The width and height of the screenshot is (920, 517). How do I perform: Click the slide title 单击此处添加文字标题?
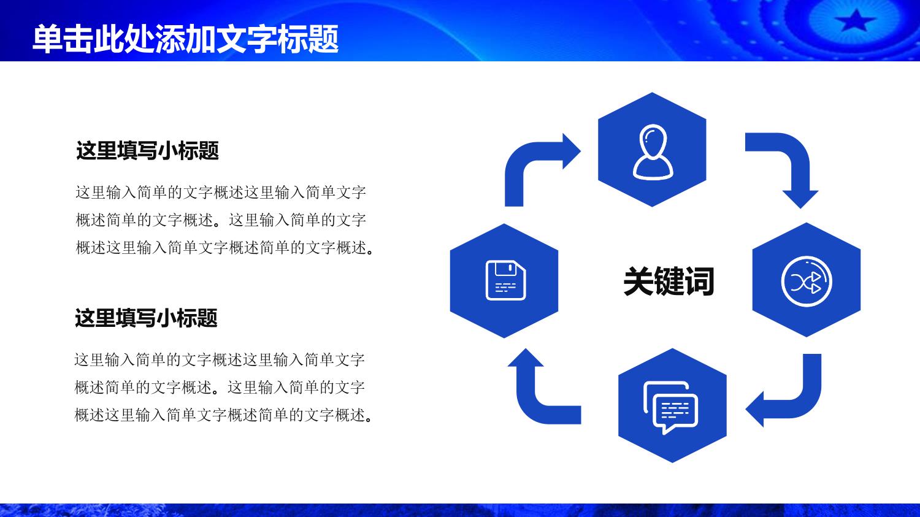tap(185, 39)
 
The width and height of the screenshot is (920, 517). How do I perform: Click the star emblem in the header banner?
tap(856, 20)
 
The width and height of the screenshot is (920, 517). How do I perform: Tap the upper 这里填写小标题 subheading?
tap(147, 150)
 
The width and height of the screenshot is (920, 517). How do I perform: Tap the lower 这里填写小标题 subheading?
tap(146, 318)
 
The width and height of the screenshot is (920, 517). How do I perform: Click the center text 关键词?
tap(669, 281)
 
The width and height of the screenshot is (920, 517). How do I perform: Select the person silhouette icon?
tap(653, 152)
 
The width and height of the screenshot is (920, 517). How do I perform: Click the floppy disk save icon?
tap(505, 280)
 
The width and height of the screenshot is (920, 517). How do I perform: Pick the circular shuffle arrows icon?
tap(807, 281)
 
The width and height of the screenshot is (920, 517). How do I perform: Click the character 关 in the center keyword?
tap(638, 281)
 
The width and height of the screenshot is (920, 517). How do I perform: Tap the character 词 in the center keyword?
tap(699, 281)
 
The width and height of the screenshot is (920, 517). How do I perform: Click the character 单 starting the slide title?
tap(47, 39)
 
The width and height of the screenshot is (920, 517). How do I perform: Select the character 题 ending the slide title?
tap(324, 39)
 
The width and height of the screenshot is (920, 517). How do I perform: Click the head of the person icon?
tap(653, 140)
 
